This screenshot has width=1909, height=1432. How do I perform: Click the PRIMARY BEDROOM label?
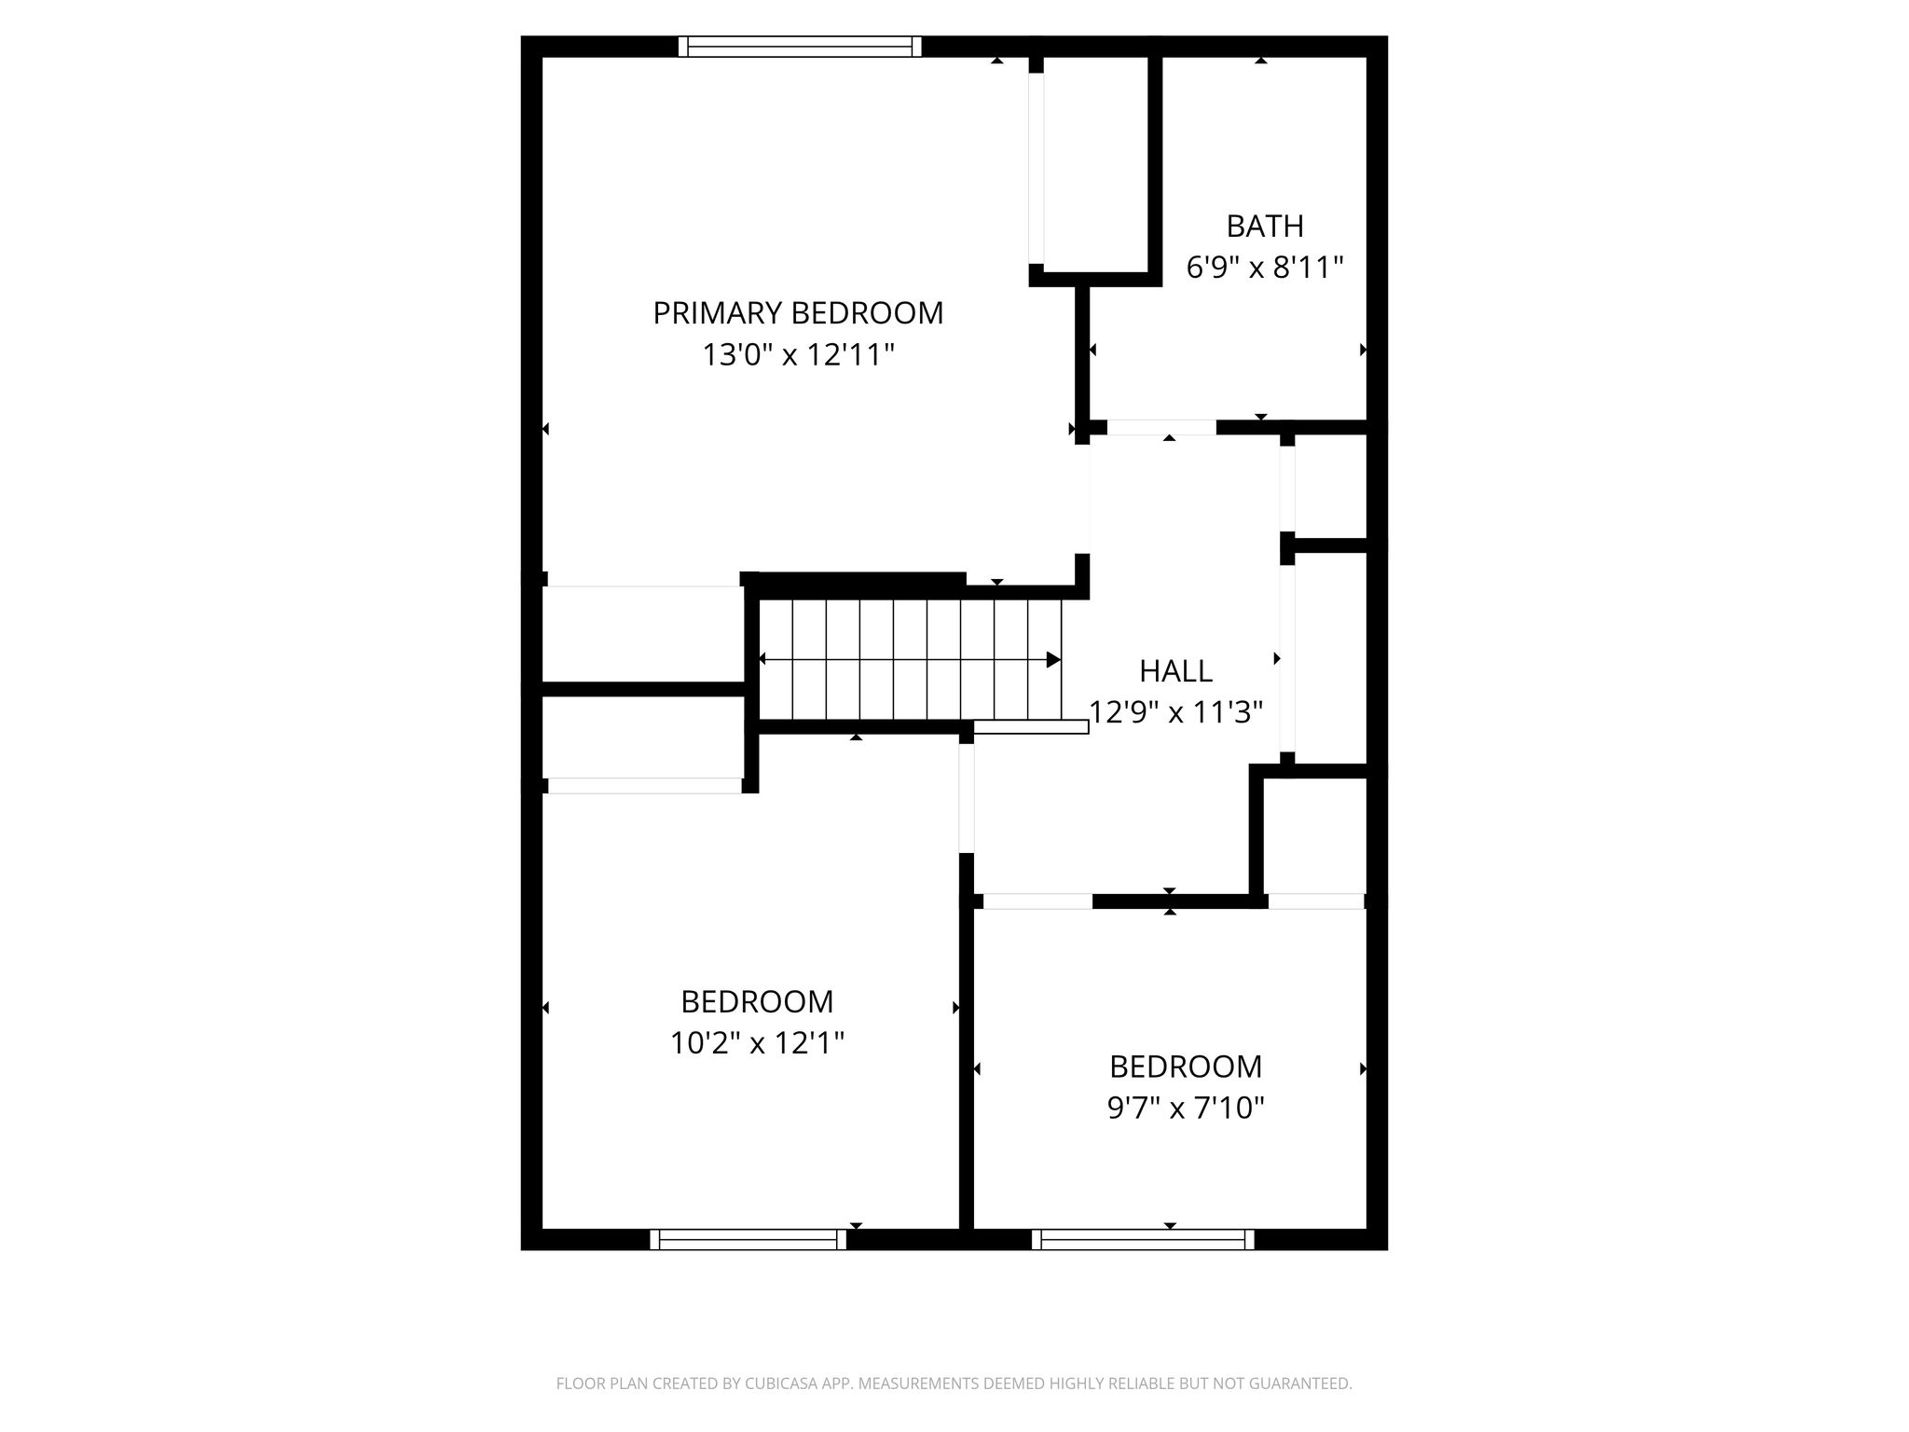click(x=798, y=313)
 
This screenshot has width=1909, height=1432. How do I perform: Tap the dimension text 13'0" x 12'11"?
click(x=798, y=355)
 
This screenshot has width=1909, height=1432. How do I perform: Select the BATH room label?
click(x=1265, y=227)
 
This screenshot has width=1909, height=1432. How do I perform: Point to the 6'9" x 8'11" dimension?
click(x=1265, y=268)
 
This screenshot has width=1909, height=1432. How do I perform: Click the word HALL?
click(x=1176, y=671)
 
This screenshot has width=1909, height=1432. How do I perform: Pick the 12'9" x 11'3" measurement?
click(x=1176, y=713)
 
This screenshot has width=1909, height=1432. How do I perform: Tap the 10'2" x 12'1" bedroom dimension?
click(x=757, y=1043)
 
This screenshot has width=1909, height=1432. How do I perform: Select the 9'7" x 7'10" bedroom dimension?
click(x=1186, y=1108)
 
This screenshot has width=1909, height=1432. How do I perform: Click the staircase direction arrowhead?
click(x=1054, y=660)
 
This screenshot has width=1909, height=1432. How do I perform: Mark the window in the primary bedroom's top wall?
click(x=800, y=47)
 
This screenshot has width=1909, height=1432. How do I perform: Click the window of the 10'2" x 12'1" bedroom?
click(x=748, y=1239)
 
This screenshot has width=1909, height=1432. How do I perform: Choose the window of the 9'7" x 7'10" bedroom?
click(x=1143, y=1239)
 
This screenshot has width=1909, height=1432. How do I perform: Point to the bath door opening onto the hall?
click(x=1161, y=428)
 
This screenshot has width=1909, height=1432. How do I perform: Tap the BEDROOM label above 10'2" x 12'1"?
click(x=757, y=1002)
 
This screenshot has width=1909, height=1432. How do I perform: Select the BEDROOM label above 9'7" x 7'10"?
click(x=1186, y=1067)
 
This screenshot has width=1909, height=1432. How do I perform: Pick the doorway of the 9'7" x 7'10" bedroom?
click(x=1037, y=902)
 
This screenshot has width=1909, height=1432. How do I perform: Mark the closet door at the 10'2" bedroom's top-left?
click(x=644, y=786)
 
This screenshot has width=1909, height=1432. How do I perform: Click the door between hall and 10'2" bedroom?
click(x=967, y=798)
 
